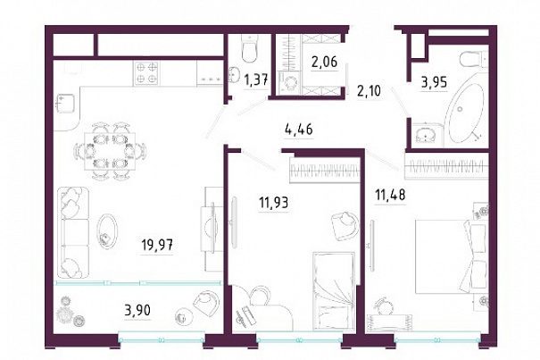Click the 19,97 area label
[157, 246]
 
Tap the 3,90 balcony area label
[137, 311]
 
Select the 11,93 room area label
[274, 203]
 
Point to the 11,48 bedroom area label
[390, 196]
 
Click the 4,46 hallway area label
[299, 130]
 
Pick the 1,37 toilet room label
[255, 81]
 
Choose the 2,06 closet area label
[324, 62]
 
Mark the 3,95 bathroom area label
[435, 82]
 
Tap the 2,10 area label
[369, 91]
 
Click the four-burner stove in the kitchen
[146, 72]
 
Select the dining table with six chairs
[110, 151]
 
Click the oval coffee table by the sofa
[108, 230]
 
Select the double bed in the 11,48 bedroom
[451, 256]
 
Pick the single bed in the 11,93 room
[334, 290]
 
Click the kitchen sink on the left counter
[65, 104]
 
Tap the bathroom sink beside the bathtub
[427, 134]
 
